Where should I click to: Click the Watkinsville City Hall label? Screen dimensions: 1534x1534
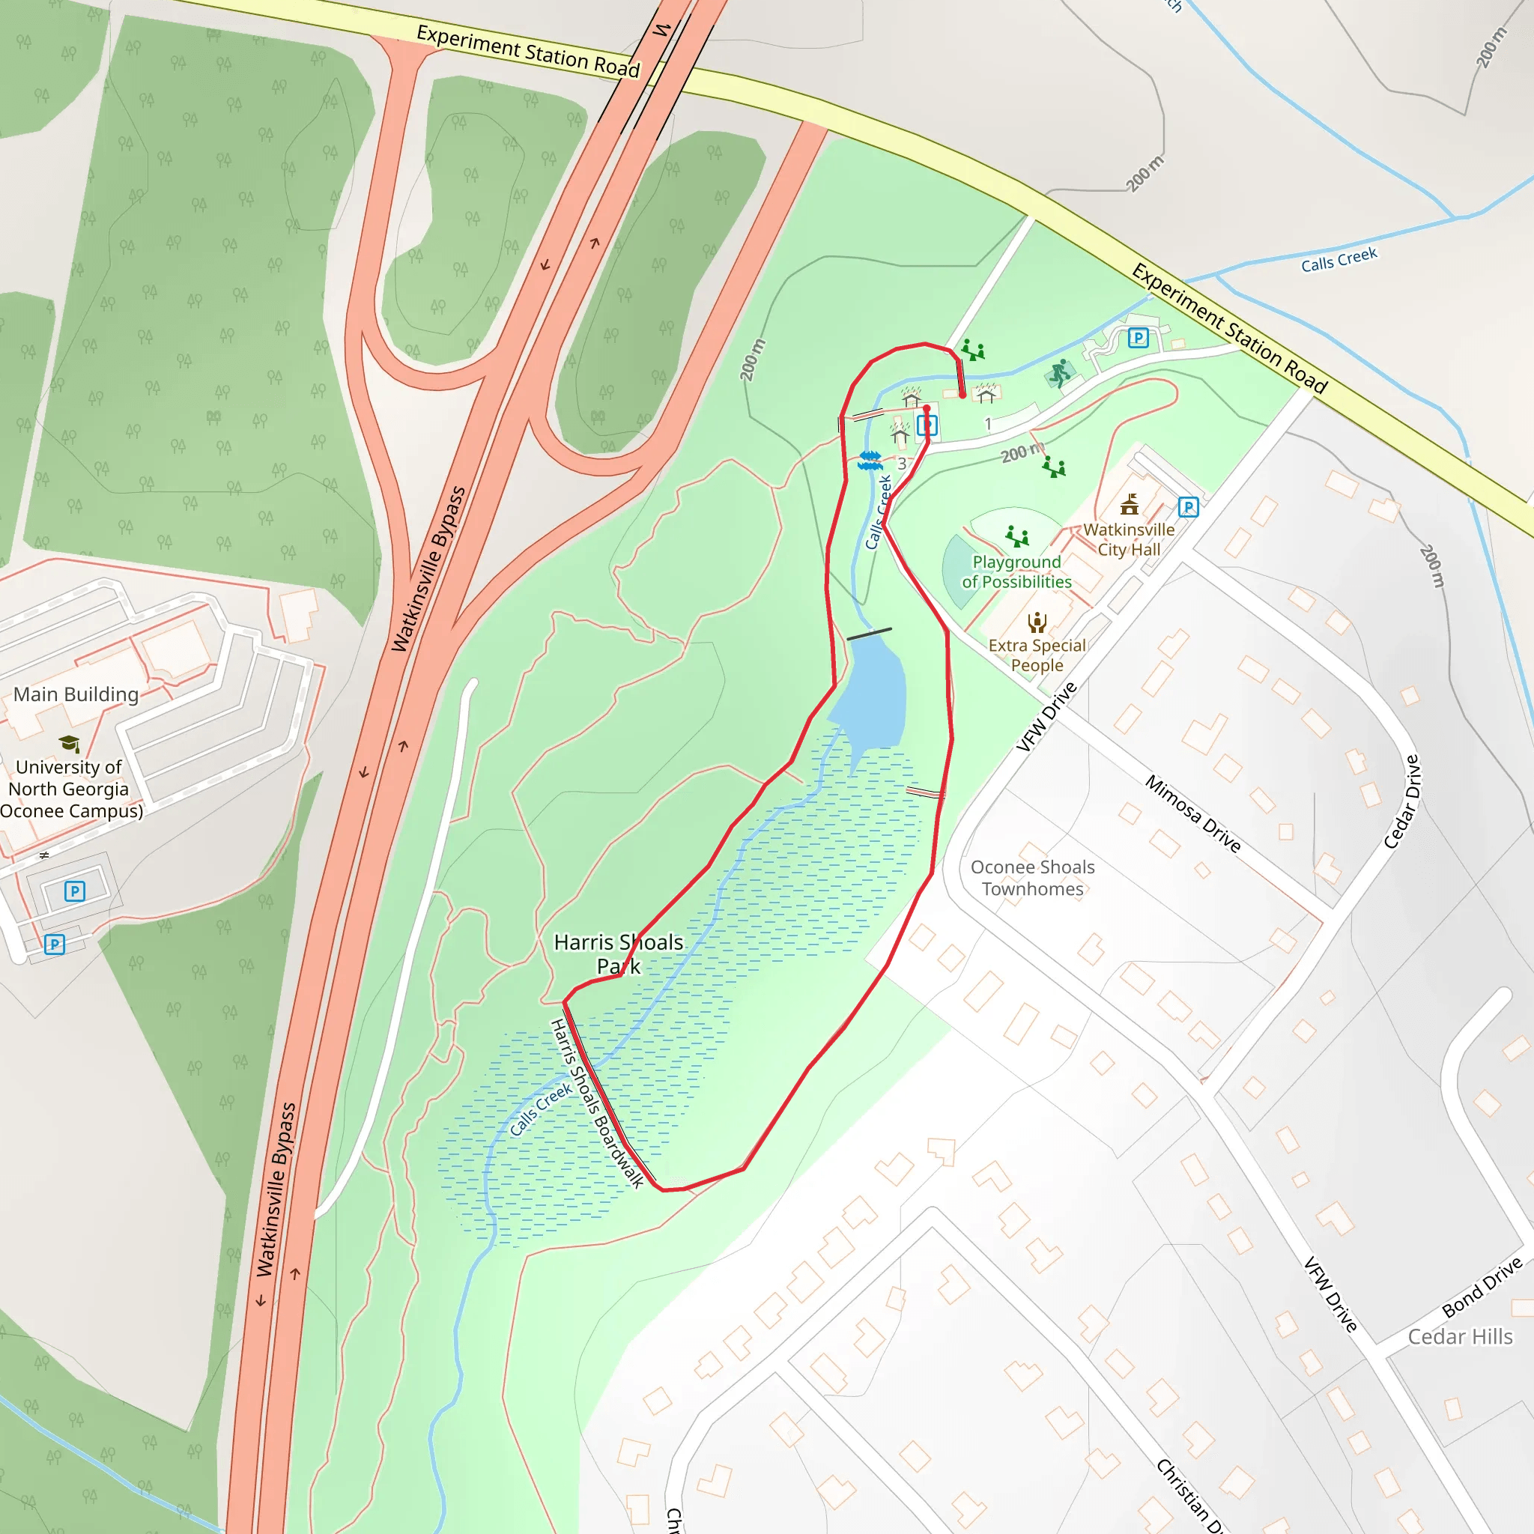coord(1128,540)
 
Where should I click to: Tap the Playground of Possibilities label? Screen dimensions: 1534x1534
coord(1016,572)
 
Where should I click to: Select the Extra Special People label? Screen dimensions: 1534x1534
coord(1036,655)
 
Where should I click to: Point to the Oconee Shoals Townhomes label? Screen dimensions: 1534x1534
coord(1032,878)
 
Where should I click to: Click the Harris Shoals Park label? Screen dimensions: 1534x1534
coord(619,954)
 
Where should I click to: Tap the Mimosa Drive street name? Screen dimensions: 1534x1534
coord(1192,814)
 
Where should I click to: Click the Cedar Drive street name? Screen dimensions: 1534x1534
coord(1401,802)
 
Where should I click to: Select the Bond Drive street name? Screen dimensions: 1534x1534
coord(1482,1286)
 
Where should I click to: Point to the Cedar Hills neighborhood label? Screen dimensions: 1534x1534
coord(1460,1337)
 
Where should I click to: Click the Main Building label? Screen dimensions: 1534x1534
coord(76,695)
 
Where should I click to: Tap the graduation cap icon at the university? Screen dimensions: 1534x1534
coord(70,743)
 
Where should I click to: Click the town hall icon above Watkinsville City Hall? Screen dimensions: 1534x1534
coord(1129,504)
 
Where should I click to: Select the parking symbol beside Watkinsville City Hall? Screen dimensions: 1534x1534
coord(1188,507)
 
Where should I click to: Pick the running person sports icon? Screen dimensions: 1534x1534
coord(1060,372)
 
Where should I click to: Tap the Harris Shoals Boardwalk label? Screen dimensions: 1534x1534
coord(596,1103)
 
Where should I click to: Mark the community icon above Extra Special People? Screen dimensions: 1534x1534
coord(1037,622)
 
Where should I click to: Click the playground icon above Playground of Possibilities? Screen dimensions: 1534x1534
coord(1016,537)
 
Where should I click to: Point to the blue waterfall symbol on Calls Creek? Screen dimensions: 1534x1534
coord(870,461)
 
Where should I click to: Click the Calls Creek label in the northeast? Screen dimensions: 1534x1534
coord(1339,260)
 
